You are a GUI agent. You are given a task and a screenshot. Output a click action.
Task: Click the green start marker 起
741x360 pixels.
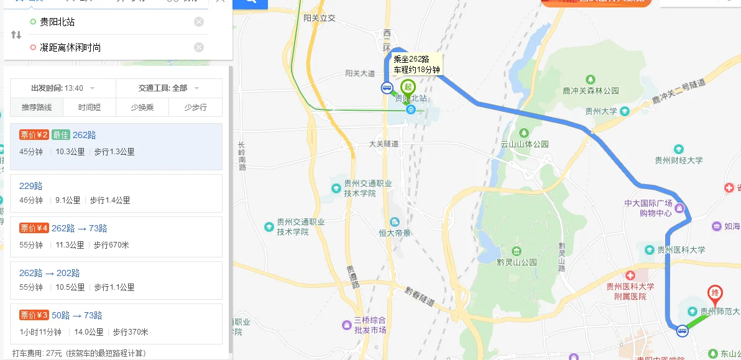408,88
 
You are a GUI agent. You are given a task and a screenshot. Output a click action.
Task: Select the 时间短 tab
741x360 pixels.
89,108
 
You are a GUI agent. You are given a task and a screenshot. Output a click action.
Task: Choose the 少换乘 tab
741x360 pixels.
142,108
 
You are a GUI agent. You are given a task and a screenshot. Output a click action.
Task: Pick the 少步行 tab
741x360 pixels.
195,108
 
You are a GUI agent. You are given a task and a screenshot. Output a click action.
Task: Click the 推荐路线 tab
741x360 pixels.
37,108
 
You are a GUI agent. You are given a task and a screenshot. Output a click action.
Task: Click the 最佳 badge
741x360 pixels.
60,135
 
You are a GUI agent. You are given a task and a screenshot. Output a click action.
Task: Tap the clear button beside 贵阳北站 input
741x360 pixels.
199,22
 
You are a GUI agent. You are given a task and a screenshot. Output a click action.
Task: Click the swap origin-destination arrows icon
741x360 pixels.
16,35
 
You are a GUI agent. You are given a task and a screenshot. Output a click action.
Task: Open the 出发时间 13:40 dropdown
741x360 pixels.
63,88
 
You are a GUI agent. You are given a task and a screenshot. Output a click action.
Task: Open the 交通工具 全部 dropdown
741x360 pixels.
168,88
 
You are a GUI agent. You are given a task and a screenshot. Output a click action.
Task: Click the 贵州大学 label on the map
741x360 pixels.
601,112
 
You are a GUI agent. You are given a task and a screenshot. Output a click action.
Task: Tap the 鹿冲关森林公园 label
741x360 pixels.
591,91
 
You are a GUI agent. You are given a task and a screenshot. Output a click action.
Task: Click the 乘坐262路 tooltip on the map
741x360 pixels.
417,64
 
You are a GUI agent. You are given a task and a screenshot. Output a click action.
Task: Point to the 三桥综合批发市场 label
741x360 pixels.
370,325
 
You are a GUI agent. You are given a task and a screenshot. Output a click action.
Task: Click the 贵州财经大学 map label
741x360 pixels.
678,160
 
